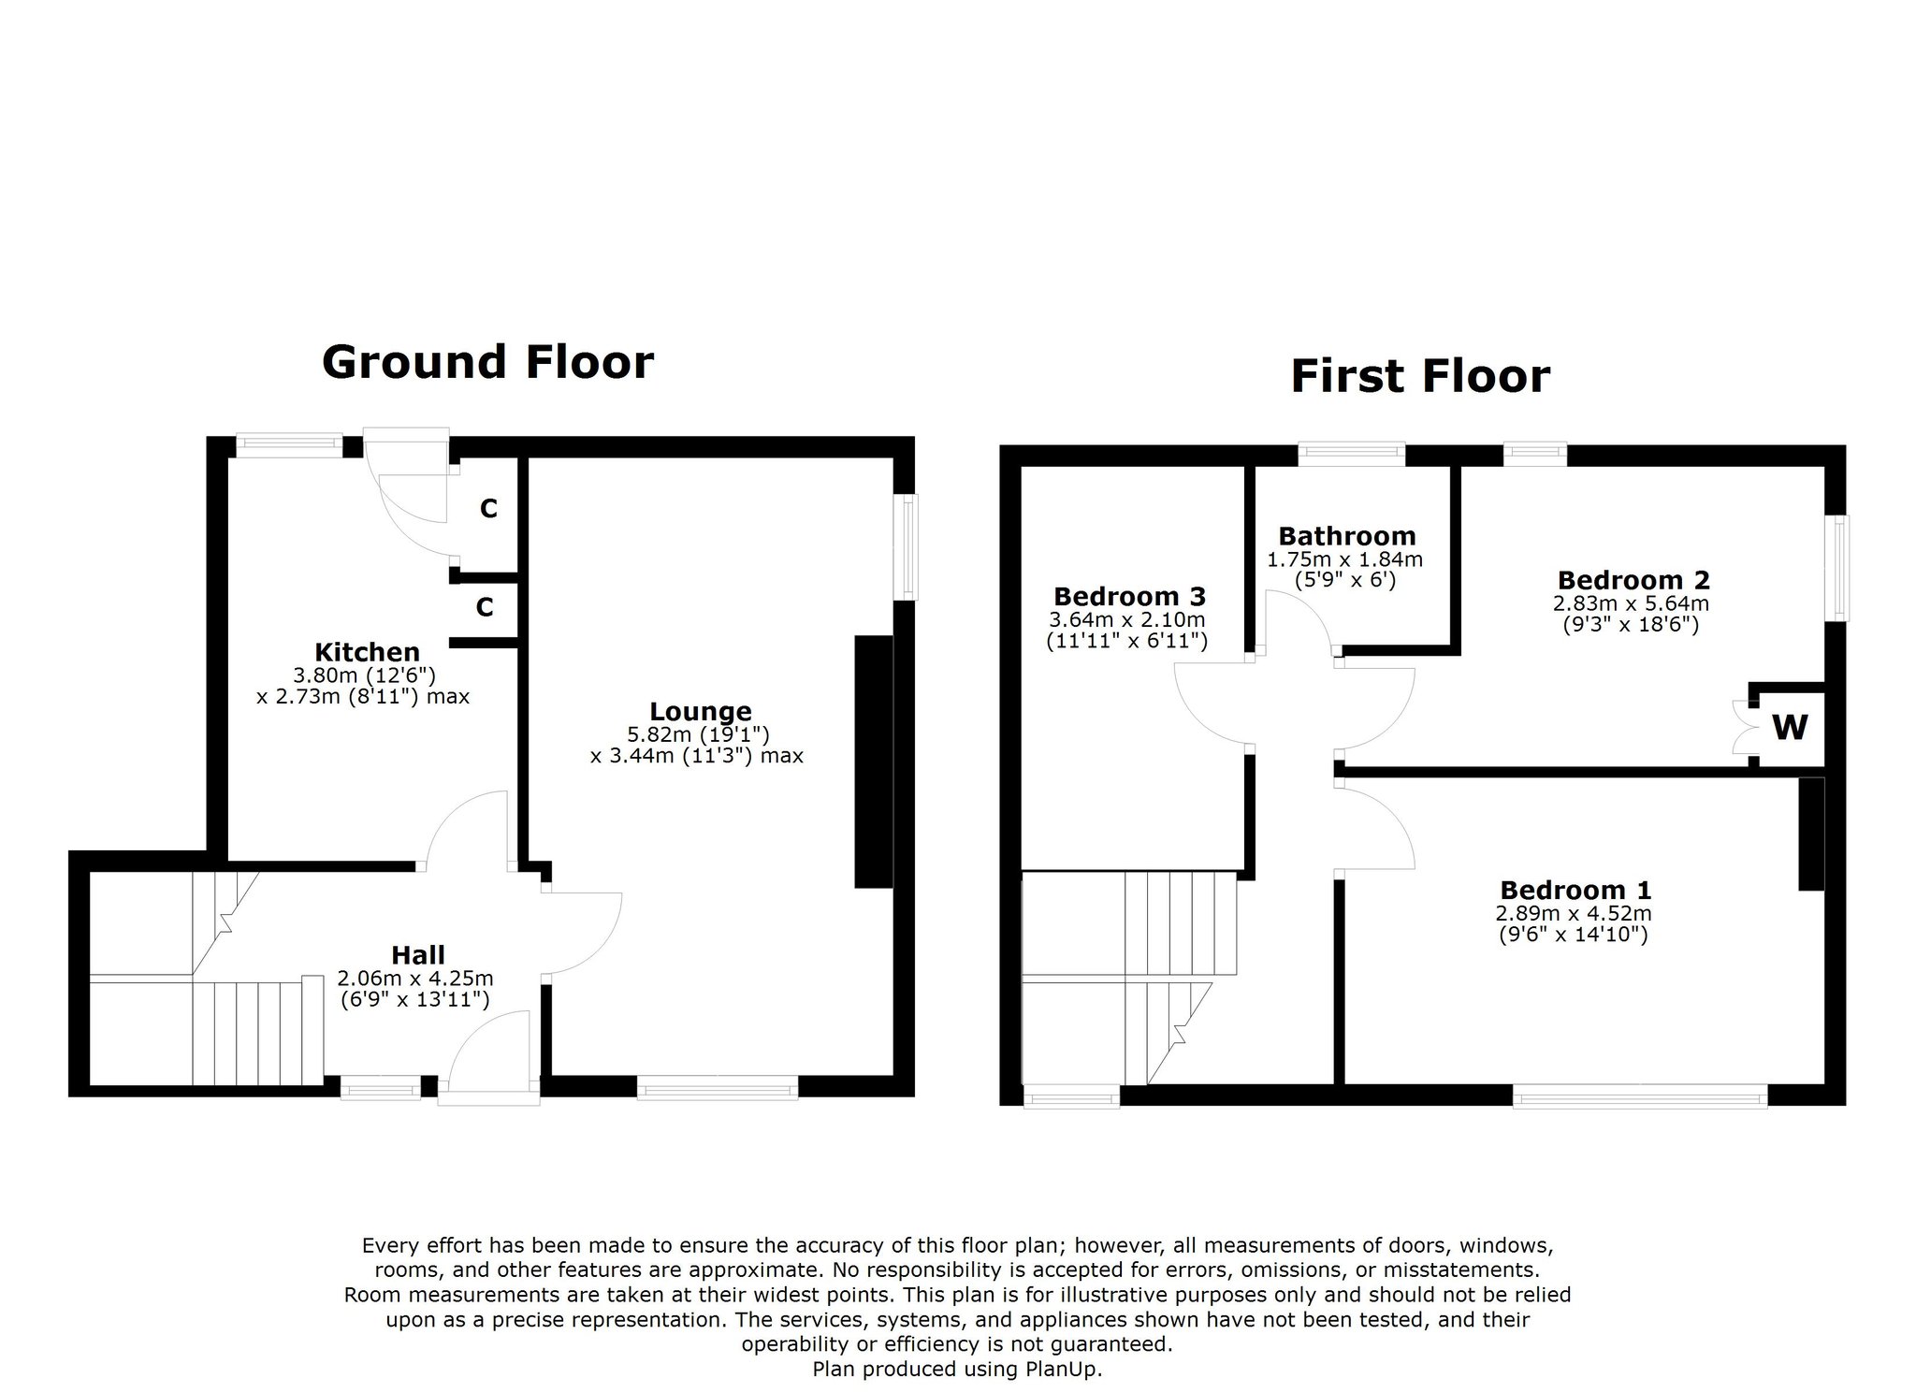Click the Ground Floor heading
[487, 363]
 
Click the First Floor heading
[1420, 376]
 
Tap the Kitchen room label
[367, 652]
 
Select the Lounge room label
[701, 712]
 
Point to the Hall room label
[418, 955]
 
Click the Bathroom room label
[1347, 536]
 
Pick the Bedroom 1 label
[1575, 890]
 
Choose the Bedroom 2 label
[1633, 580]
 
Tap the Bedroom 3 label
[1129, 596]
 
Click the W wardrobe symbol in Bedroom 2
[1790, 727]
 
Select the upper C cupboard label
[488, 509]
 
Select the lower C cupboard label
[485, 608]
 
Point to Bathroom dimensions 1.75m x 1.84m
[1345, 559]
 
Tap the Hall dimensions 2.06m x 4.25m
[415, 979]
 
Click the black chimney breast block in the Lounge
[873, 762]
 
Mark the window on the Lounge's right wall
[907, 547]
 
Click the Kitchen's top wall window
[289, 446]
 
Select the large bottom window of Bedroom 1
[1640, 1096]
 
